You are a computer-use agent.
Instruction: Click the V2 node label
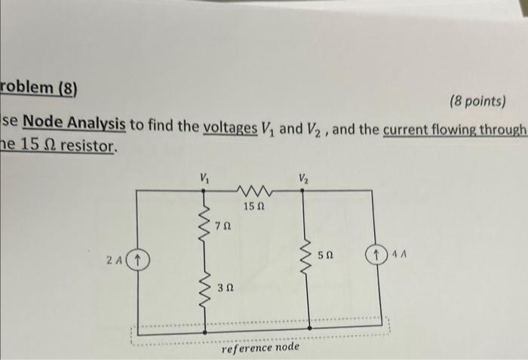coord(302,180)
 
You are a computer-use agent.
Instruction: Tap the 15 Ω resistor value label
coord(253,205)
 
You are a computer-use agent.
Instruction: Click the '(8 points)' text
coord(477,101)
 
